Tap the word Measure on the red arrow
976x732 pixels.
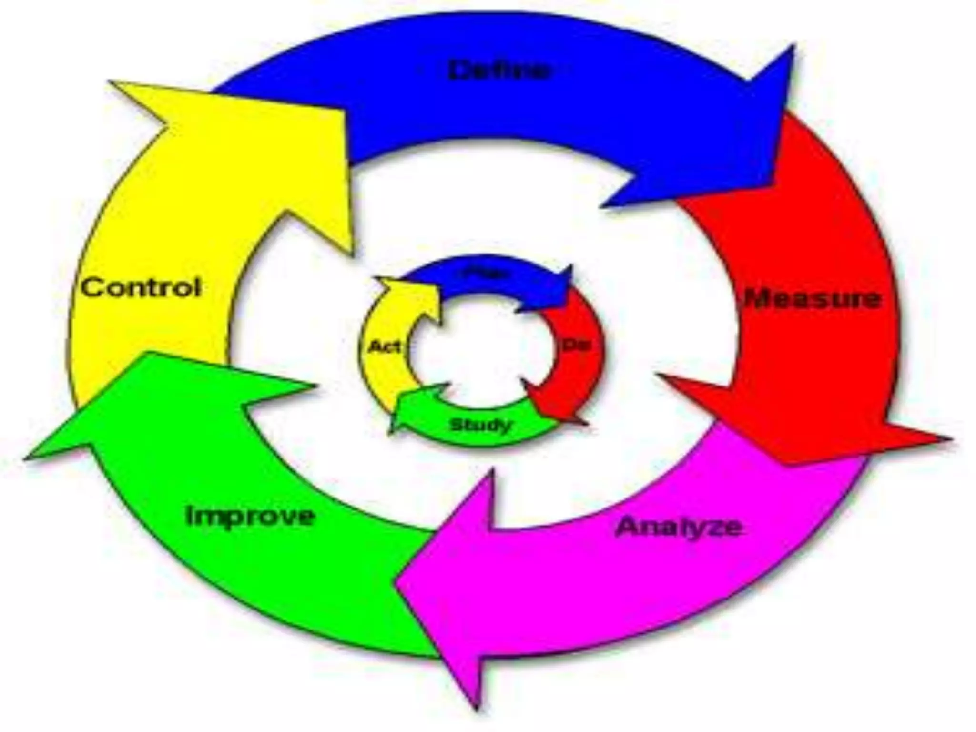tap(813, 299)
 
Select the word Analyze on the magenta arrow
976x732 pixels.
tap(679, 527)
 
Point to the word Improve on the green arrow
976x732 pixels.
tap(250, 516)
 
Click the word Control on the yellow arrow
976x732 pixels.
tap(141, 288)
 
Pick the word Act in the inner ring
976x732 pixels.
tap(384, 347)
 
